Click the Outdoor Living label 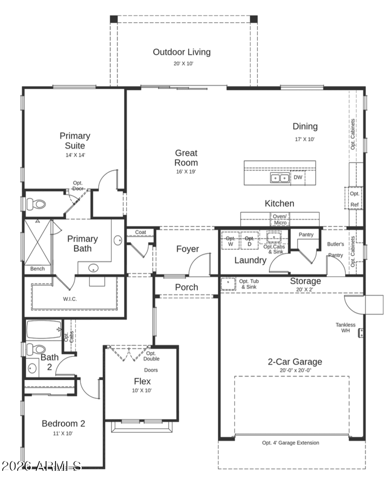(182, 52)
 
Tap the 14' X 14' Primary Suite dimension (75, 155)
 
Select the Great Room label (186, 157)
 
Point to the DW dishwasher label (298, 177)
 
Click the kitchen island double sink (280, 178)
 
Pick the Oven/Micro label (280, 220)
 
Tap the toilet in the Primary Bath (36, 204)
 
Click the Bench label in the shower (37, 268)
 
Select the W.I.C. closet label (70, 299)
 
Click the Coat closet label (141, 232)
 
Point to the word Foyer (187, 249)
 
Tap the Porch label (187, 287)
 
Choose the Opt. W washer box (230, 241)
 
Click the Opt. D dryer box (249, 241)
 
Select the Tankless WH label (345, 327)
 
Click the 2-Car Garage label (295, 362)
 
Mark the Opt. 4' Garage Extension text (291, 443)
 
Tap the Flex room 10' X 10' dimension (142, 390)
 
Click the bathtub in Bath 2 (44, 329)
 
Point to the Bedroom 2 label (63, 423)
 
